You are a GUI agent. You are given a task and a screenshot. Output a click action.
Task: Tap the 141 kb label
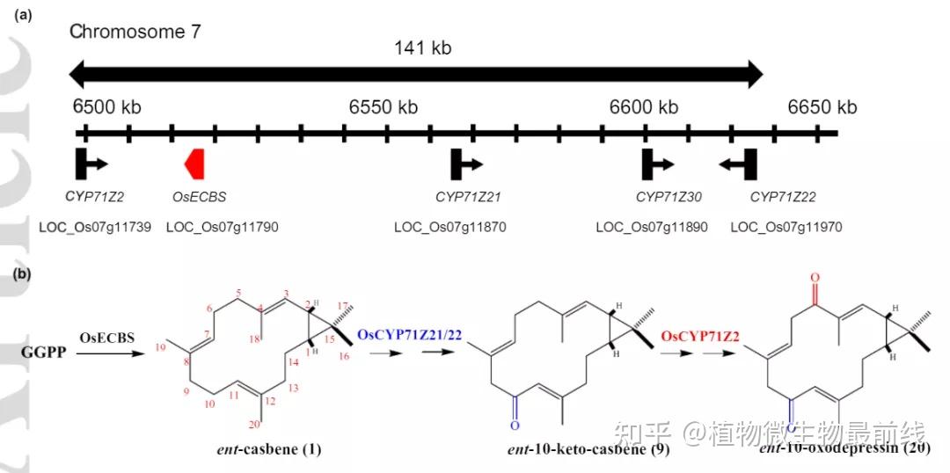[422, 47]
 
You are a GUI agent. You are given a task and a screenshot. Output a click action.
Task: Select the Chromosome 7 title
[135, 33]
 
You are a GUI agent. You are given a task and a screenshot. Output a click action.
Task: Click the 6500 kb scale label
[106, 107]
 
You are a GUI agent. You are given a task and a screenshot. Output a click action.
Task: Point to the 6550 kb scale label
[384, 107]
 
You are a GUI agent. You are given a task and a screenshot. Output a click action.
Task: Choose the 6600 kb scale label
[644, 107]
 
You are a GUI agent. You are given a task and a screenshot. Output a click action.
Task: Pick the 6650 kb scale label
[822, 107]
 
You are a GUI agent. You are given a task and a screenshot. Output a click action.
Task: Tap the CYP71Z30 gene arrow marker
[657, 164]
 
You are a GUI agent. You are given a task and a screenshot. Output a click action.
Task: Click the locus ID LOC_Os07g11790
[222, 227]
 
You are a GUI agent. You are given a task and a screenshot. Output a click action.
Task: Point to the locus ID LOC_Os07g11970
[786, 227]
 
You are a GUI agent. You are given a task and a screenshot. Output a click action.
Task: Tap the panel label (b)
[21, 273]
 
